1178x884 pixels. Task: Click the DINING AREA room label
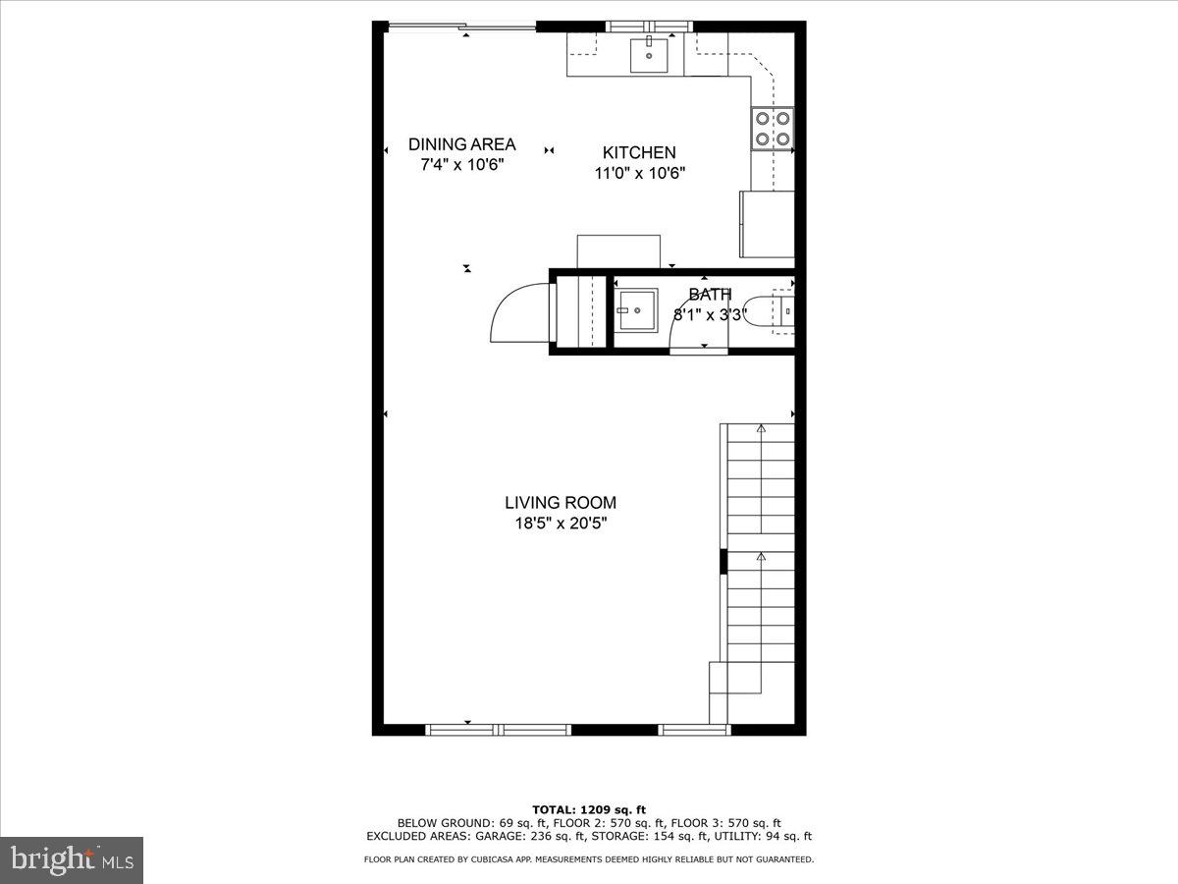tap(461, 144)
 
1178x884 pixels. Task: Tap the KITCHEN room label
tap(639, 152)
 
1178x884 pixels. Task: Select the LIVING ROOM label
tap(561, 503)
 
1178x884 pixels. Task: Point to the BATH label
tap(710, 295)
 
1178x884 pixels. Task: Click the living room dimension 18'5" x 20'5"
tap(561, 524)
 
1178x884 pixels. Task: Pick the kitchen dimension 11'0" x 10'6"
tap(639, 173)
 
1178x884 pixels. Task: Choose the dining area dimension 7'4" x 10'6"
tap(461, 165)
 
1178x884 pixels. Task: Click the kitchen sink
tap(648, 55)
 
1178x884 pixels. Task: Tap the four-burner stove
tap(773, 129)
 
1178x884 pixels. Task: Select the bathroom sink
tap(637, 313)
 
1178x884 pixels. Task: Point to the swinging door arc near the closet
tap(515, 312)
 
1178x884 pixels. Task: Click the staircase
tap(757, 560)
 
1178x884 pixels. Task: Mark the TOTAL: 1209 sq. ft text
tap(588, 809)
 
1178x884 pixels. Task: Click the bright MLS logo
tap(72, 859)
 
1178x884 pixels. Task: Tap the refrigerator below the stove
tap(767, 224)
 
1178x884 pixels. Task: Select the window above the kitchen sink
tap(648, 26)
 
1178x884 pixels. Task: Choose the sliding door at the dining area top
tap(461, 27)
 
